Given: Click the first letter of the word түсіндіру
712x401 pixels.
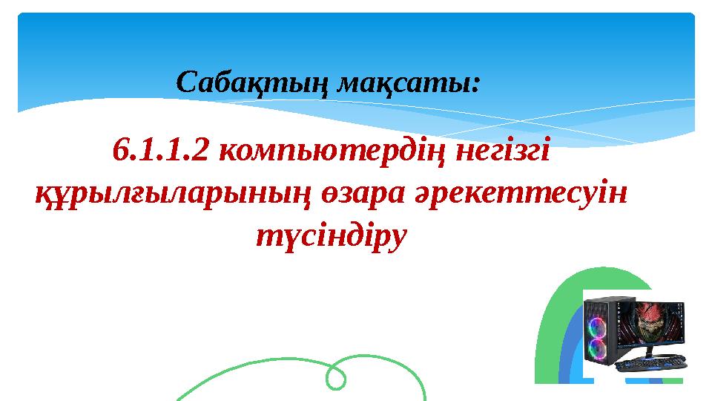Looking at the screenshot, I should tap(262, 236).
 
